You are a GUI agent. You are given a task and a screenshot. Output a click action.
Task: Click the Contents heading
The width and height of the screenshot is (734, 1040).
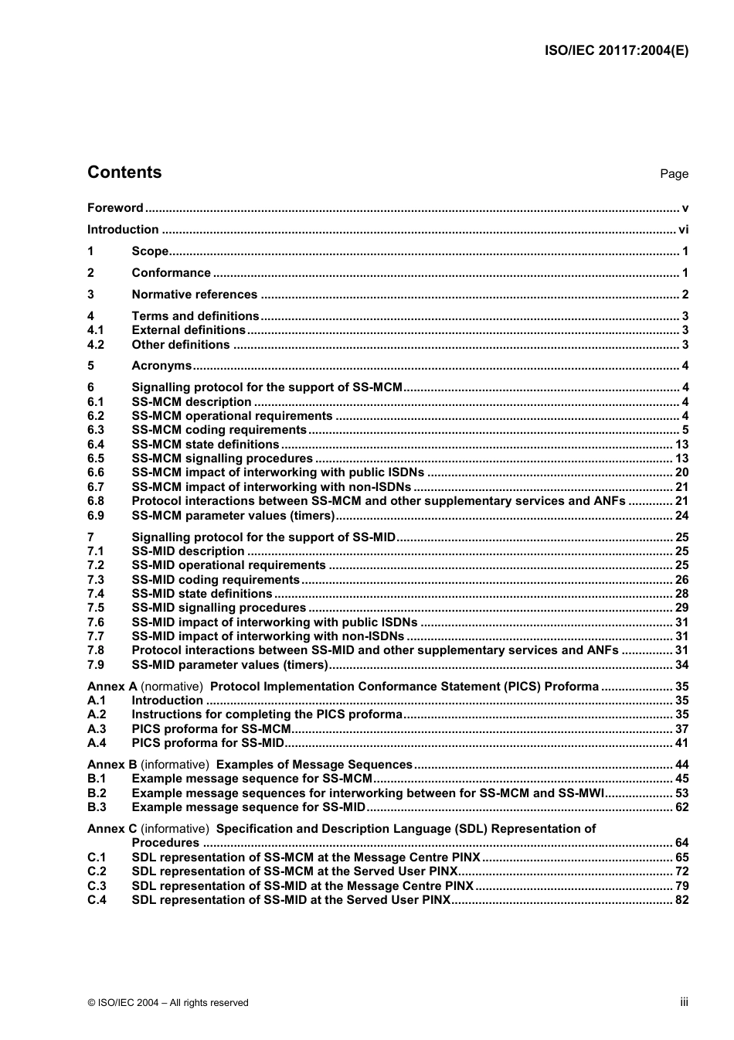(x=124, y=172)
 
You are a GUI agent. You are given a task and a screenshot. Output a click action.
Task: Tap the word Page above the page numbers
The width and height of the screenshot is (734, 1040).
(x=674, y=174)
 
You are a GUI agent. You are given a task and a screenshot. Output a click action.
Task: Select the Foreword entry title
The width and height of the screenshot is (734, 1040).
(x=115, y=208)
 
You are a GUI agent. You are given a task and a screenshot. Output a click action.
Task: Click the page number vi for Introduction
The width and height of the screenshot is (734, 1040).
(x=683, y=230)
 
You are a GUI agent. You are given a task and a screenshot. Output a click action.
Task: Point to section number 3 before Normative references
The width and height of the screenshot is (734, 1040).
(x=90, y=295)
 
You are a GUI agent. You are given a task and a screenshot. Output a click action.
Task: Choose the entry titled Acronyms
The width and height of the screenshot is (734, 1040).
(x=161, y=366)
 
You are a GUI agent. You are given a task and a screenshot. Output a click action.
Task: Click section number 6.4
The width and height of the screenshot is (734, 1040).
(x=95, y=445)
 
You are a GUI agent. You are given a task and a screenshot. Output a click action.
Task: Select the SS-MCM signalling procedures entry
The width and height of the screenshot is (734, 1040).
(x=222, y=459)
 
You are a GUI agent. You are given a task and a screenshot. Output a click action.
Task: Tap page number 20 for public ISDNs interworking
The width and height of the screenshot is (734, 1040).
(x=681, y=472)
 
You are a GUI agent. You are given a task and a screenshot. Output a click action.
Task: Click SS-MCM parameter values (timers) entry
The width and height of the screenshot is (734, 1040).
(x=233, y=516)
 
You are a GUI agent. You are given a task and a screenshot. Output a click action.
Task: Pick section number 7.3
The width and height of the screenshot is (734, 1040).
(x=95, y=580)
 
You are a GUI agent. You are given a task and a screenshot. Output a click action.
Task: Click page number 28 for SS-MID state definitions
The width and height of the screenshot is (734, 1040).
(x=681, y=594)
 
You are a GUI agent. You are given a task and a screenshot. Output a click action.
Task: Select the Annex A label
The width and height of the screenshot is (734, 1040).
(x=112, y=687)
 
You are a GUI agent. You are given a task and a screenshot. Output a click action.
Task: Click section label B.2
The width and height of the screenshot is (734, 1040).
(x=97, y=793)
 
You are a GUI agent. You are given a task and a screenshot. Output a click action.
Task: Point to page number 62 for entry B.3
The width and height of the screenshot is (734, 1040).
(x=681, y=807)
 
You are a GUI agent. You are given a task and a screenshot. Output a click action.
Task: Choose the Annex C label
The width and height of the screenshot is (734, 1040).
(x=112, y=829)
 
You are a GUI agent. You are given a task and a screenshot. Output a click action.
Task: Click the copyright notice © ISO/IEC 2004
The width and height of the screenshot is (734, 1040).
(x=168, y=1003)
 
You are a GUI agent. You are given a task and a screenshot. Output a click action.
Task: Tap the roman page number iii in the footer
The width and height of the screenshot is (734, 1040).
(x=684, y=1002)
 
